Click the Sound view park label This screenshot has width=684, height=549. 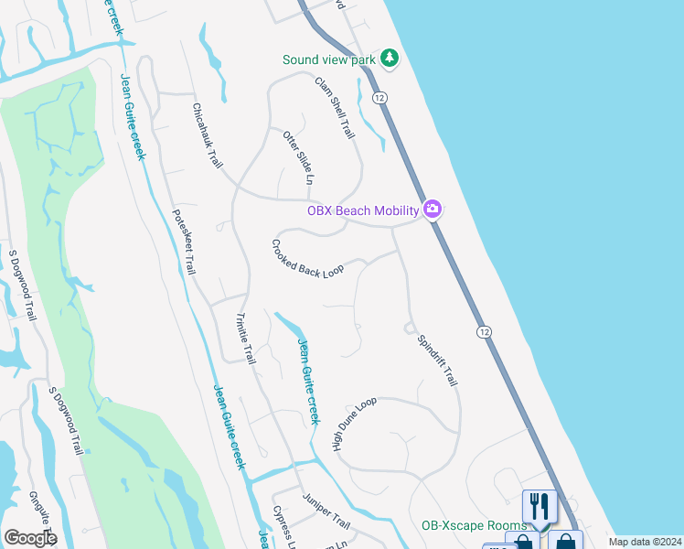coord(329,59)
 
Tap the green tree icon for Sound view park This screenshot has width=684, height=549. coord(390,59)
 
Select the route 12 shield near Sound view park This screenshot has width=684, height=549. coord(380,97)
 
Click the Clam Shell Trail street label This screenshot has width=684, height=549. coord(334,107)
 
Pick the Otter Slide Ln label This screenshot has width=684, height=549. coord(298,158)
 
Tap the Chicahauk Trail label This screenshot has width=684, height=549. coord(208,134)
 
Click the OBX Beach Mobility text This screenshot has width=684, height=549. coord(363,210)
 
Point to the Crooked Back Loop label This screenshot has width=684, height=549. coord(307,259)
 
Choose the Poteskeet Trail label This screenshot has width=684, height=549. coord(184,242)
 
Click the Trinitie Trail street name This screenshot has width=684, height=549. coord(245,339)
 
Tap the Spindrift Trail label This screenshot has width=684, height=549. coord(436,360)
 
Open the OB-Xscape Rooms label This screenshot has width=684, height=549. coord(474,526)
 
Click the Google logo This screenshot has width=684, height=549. coord(30,538)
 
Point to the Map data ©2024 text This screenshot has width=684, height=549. coord(644,542)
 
